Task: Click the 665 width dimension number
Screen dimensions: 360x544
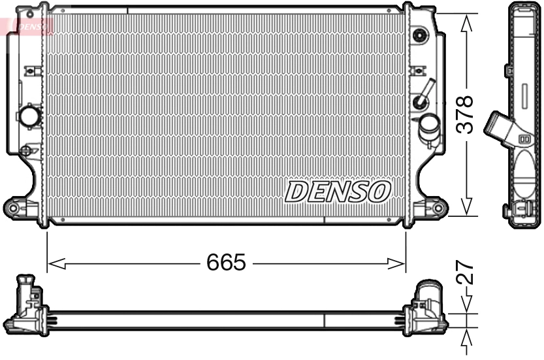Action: [226, 263]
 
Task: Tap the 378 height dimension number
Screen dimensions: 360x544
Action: [464, 114]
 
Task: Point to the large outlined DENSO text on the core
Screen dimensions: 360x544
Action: [338, 191]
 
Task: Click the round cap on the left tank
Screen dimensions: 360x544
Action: [30, 116]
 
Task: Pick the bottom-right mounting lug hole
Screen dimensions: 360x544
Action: [438, 208]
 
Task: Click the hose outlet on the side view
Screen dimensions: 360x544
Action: [498, 125]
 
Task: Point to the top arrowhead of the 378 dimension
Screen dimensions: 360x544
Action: [466, 22]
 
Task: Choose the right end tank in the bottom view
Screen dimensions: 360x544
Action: [428, 307]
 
